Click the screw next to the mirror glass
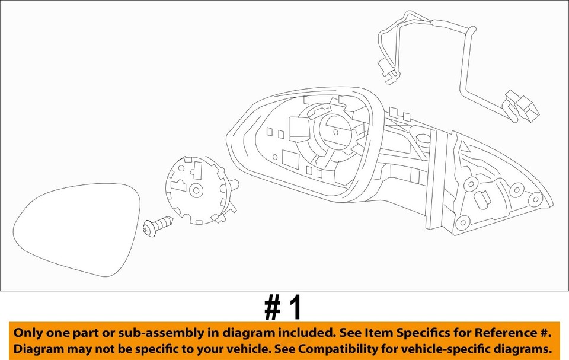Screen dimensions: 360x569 point(158,227)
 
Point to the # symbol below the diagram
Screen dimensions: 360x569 point(273,308)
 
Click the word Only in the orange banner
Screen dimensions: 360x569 point(29,333)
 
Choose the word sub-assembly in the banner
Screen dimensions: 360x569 point(156,333)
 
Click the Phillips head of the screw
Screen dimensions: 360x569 point(149,229)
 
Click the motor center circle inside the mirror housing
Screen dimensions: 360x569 point(335,132)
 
